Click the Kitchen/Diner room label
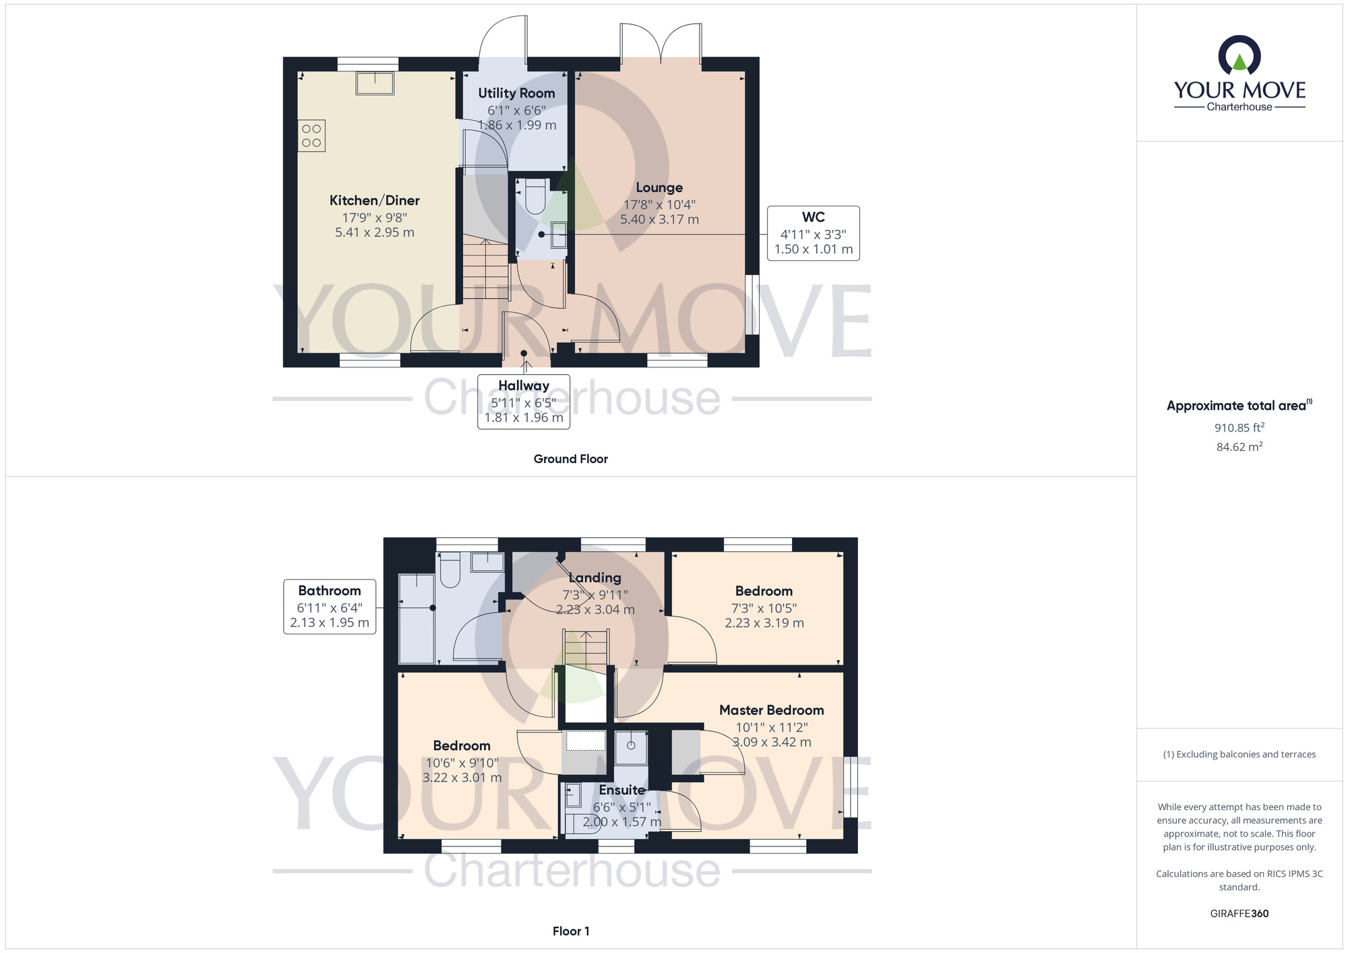374,200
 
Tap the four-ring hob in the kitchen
311,135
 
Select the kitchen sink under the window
375,83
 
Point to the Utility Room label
516,93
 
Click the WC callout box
814,233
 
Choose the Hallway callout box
524,402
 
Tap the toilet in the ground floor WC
535,196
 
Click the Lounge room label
659,187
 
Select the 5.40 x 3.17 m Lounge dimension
659,220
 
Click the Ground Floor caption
571,459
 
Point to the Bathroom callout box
330,607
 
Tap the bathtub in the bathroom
417,618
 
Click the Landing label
594,578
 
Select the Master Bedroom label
771,710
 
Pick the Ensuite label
622,790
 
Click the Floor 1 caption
571,931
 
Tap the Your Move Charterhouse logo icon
1239,55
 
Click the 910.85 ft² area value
1239,427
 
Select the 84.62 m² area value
1239,446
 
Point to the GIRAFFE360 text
1239,914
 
